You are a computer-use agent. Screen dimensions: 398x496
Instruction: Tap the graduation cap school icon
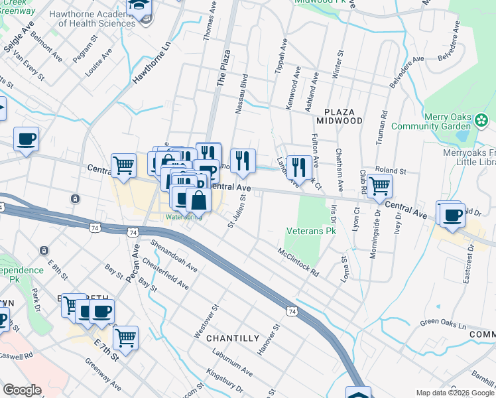click(x=140, y=7)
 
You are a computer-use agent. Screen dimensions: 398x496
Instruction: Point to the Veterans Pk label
click(x=311, y=232)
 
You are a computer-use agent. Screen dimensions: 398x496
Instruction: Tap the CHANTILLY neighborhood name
click(x=232, y=338)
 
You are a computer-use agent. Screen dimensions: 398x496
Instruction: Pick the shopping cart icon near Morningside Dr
click(x=379, y=186)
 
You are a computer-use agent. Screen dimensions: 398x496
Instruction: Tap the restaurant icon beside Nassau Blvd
click(x=243, y=161)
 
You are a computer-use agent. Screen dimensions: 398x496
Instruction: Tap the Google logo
click(x=22, y=390)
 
